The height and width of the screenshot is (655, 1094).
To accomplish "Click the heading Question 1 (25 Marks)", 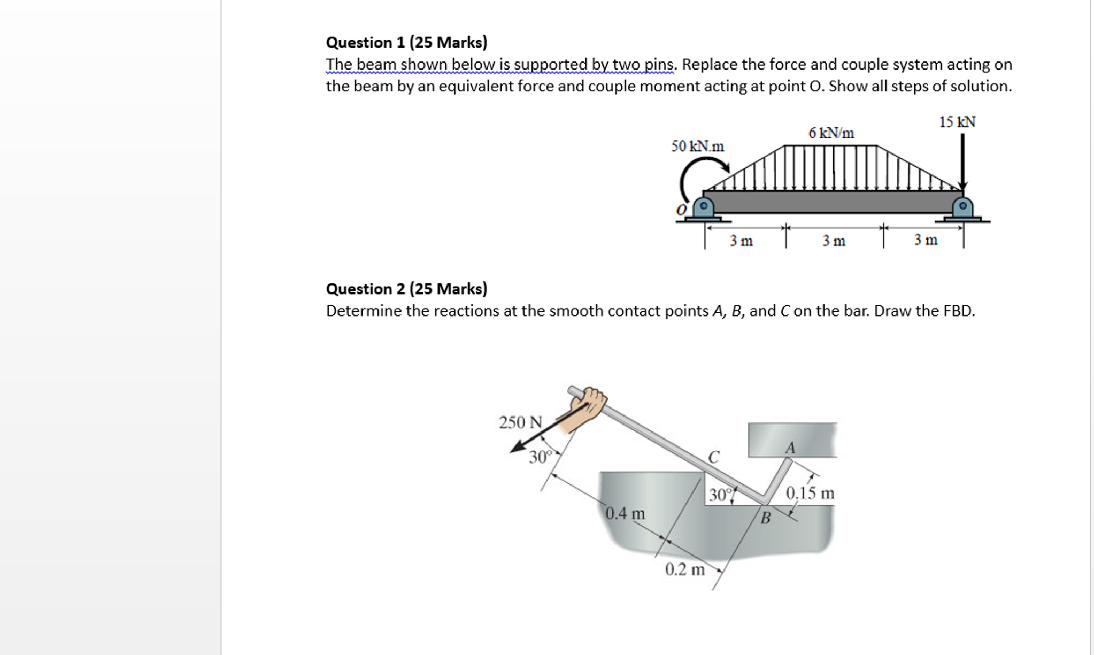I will (406, 42).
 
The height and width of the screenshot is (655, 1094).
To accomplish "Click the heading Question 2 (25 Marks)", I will (406, 289).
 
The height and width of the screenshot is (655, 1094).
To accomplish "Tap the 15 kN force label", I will (957, 122).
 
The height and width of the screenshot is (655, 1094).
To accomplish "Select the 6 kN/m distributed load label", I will (831, 133).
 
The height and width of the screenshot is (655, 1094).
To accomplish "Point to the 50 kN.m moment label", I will (697, 146).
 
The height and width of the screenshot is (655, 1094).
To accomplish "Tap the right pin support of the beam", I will (962, 208).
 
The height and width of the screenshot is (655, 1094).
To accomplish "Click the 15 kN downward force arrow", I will (962, 160).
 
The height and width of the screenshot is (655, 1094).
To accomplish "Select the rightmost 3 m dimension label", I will (926, 240).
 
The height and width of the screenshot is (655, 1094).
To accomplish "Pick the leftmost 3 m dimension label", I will (741, 241).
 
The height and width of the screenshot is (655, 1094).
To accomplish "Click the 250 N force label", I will (520, 423).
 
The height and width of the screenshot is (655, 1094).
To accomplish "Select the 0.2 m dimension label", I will (684, 570).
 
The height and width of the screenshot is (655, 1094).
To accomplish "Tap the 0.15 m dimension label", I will (810, 493).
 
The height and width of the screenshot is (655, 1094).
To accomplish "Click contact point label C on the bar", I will (714, 457).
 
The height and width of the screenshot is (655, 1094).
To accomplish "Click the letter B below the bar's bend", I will (766, 518).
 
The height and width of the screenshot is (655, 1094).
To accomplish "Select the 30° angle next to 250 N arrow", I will (701, 457).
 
